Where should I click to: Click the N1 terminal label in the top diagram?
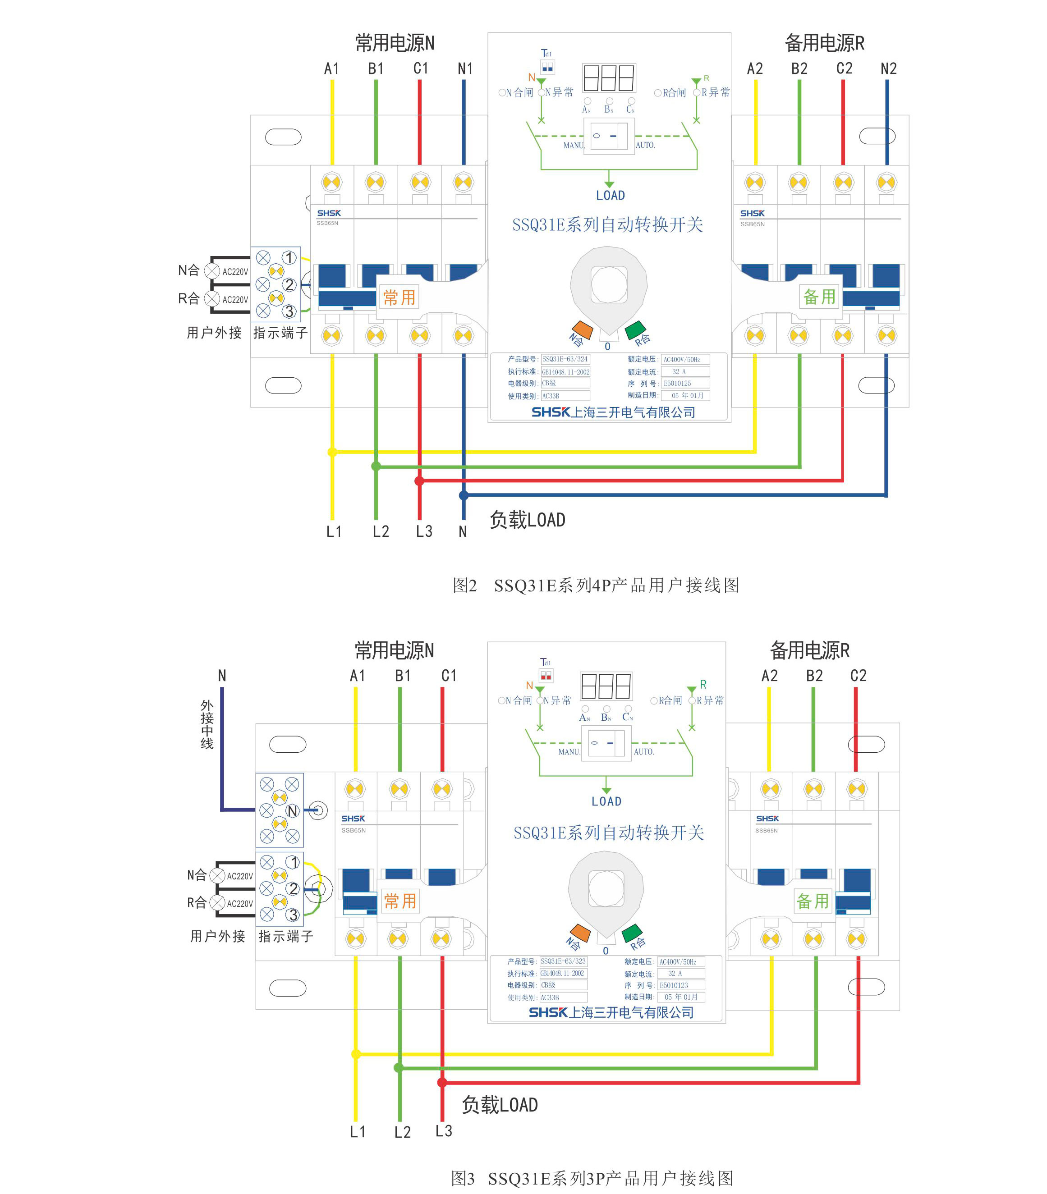[465, 69]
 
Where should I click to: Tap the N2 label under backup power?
[888, 69]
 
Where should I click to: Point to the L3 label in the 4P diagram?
[424, 531]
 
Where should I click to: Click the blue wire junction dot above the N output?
[464, 495]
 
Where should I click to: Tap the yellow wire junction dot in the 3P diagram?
[356, 1054]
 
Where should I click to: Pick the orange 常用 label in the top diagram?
[399, 297]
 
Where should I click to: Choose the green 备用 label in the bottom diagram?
[812, 901]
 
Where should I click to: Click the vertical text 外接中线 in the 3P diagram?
[207, 724]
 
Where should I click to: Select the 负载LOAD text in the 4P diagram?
[527, 520]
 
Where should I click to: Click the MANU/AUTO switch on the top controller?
[609, 136]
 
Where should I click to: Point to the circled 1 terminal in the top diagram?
[289, 258]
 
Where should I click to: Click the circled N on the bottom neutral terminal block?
[293, 811]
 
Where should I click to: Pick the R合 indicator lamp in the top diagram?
[212, 299]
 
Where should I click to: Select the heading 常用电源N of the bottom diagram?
[395, 650]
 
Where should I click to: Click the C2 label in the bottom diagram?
[858, 676]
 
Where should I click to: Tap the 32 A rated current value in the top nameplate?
[679, 371]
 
